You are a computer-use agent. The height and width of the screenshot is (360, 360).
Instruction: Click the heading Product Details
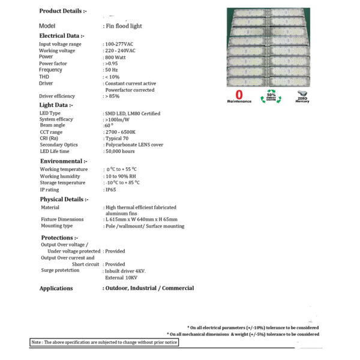[x=63, y=11]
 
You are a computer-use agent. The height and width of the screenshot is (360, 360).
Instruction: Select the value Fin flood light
[x=123, y=26]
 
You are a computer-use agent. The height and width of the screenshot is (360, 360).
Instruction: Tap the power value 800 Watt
[x=117, y=57]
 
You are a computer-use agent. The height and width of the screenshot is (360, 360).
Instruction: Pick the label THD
[x=45, y=76]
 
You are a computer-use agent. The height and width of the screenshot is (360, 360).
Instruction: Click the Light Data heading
[x=56, y=105]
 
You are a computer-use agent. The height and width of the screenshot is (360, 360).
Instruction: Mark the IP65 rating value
[x=110, y=190]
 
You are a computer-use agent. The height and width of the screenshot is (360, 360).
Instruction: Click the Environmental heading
[x=64, y=161]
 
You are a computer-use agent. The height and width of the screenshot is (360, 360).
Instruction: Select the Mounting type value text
[x=145, y=226]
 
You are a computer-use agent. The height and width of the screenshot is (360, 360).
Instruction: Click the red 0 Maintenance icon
[x=239, y=97]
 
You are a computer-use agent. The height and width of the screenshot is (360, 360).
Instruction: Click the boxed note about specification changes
[x=104, y=343]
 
